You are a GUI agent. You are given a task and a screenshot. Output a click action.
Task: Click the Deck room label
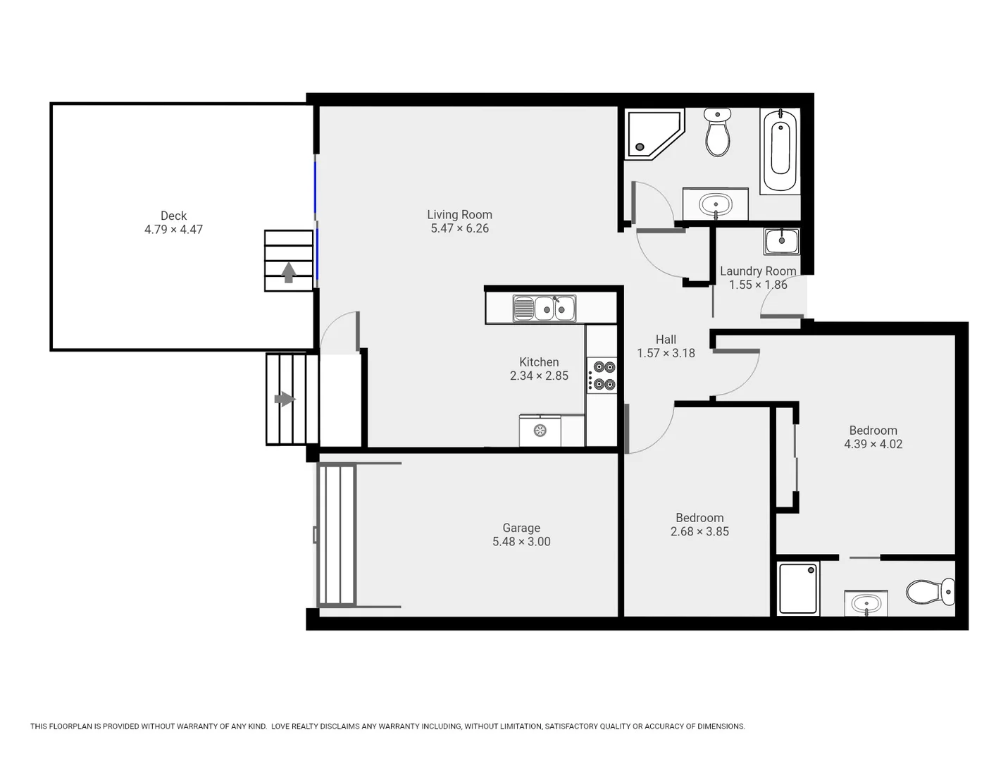(173, 216)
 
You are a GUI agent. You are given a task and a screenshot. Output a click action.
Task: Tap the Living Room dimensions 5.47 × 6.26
(459, 228)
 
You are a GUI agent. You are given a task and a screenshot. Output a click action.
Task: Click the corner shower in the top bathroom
(652, 133)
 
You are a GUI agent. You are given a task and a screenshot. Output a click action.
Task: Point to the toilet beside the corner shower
(718, 132)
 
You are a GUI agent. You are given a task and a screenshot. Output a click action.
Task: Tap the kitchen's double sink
(545, 309)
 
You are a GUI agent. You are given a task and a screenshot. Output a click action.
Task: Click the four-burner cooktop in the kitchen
(602, 376)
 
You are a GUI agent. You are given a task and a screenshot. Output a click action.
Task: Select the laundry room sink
(781, 241)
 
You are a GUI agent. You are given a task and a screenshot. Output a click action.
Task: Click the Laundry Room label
(758, 271)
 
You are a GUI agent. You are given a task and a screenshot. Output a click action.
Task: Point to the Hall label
(666, 340)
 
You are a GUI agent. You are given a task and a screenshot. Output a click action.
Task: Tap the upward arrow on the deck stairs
(288, 272)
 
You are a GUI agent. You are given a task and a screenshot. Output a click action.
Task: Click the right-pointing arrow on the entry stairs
(284, 400)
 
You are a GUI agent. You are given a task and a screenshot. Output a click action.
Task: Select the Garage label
(521, 528)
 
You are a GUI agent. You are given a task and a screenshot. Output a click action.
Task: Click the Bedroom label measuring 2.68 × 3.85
(699, 518)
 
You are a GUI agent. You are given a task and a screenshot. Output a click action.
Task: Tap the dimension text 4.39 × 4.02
(873, 444)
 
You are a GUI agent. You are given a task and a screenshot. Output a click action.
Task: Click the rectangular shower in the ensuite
(799, 588)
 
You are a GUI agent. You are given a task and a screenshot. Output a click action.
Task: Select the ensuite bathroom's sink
(866, 604)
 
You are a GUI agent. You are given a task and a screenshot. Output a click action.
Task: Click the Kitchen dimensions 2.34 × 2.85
(539, 376)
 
